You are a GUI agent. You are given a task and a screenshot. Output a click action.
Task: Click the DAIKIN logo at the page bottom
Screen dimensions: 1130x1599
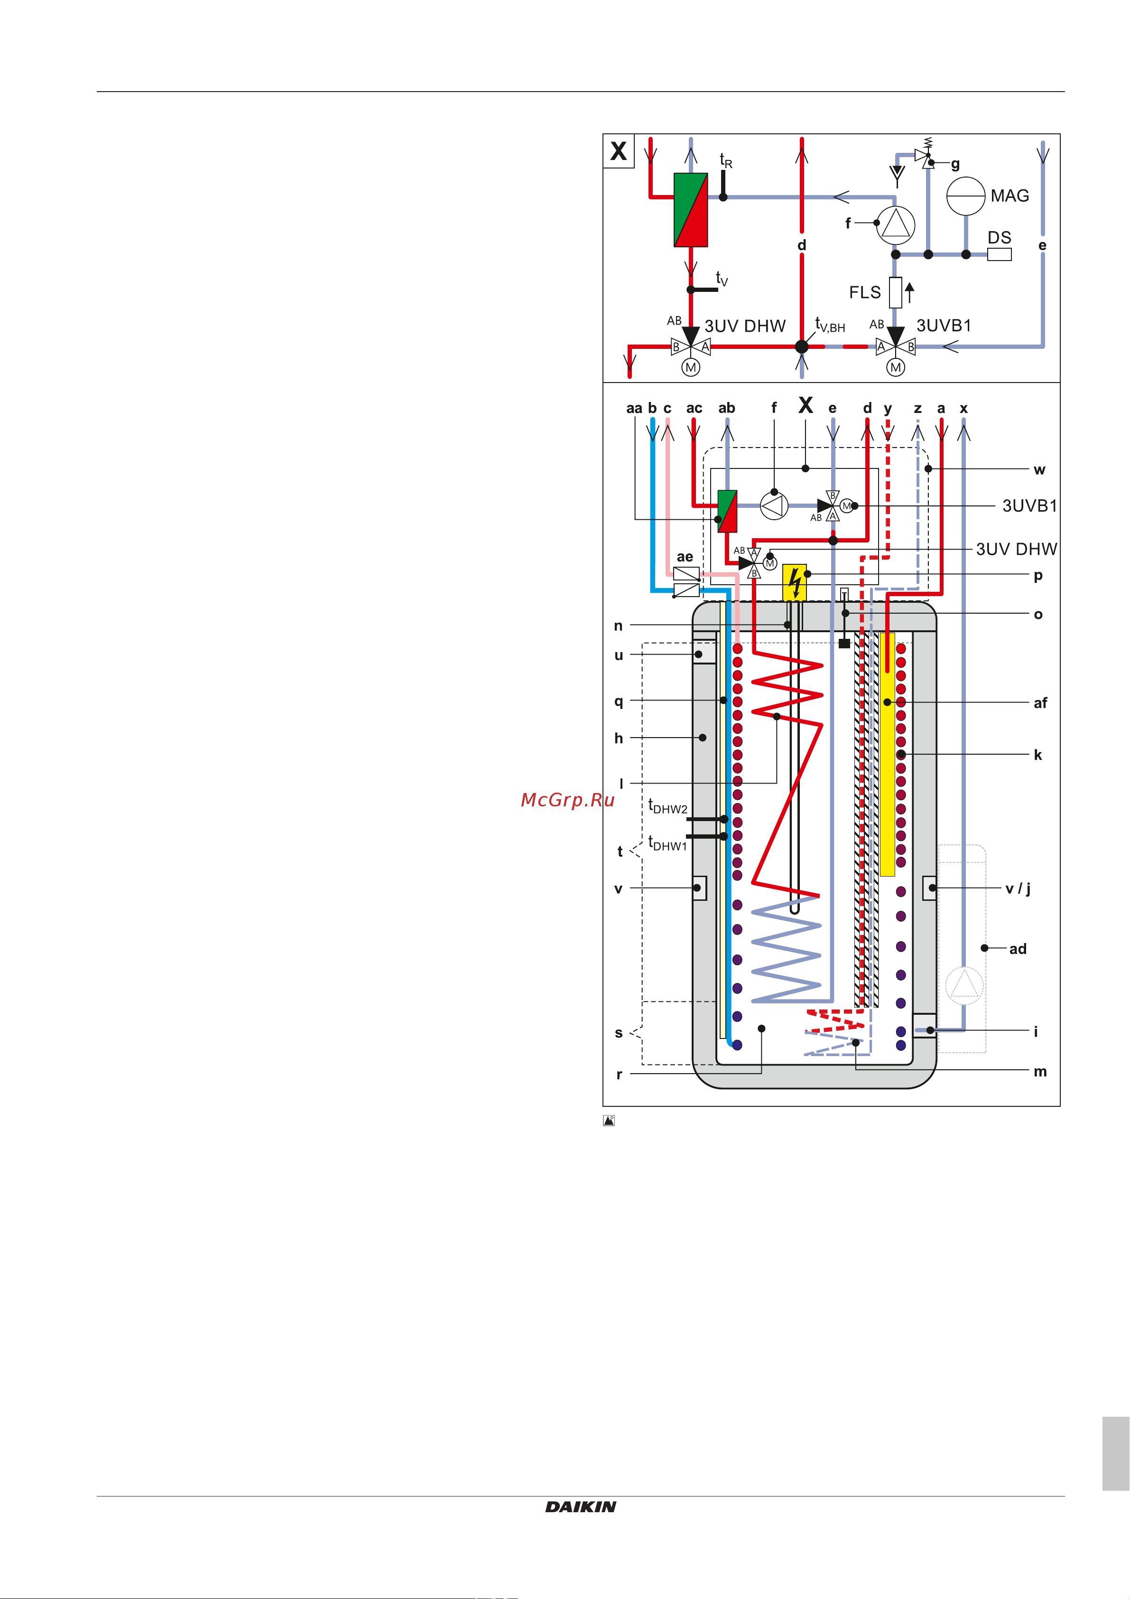click(581, 1506)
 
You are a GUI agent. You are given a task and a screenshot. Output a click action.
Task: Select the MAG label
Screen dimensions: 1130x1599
click(1010, 196)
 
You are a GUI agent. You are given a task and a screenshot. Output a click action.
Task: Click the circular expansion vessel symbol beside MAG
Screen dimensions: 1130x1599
click(966, 196)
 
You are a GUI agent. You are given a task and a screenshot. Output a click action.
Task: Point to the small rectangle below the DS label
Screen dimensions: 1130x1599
click(999, 254)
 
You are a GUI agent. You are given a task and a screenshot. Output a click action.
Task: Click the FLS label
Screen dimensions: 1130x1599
click(865, 292)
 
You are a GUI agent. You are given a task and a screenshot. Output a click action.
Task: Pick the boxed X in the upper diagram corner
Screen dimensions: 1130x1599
click(618, 151)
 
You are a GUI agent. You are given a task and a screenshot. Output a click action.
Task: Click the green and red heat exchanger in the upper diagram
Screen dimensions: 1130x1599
click(691, 210)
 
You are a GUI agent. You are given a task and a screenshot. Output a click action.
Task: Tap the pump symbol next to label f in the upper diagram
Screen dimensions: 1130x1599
click(895, 224)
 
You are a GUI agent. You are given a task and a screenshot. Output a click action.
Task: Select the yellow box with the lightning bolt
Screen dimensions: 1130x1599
click(795, 582)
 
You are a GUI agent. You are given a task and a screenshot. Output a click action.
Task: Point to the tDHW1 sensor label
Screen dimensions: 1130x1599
click(667, 843)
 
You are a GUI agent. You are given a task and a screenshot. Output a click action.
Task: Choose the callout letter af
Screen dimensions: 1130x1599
click(1040, 703)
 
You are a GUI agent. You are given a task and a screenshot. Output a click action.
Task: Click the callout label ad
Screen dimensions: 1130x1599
click(1018, 949)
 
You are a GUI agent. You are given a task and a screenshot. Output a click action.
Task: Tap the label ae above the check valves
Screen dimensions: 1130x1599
click(685, 557)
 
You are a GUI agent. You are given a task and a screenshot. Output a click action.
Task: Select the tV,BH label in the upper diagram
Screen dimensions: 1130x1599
click(830, 325)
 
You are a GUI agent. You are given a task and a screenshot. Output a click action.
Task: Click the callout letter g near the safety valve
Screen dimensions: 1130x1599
click(955, 164)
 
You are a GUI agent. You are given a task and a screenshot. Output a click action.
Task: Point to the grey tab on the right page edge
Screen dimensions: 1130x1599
click(1116, 1453)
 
